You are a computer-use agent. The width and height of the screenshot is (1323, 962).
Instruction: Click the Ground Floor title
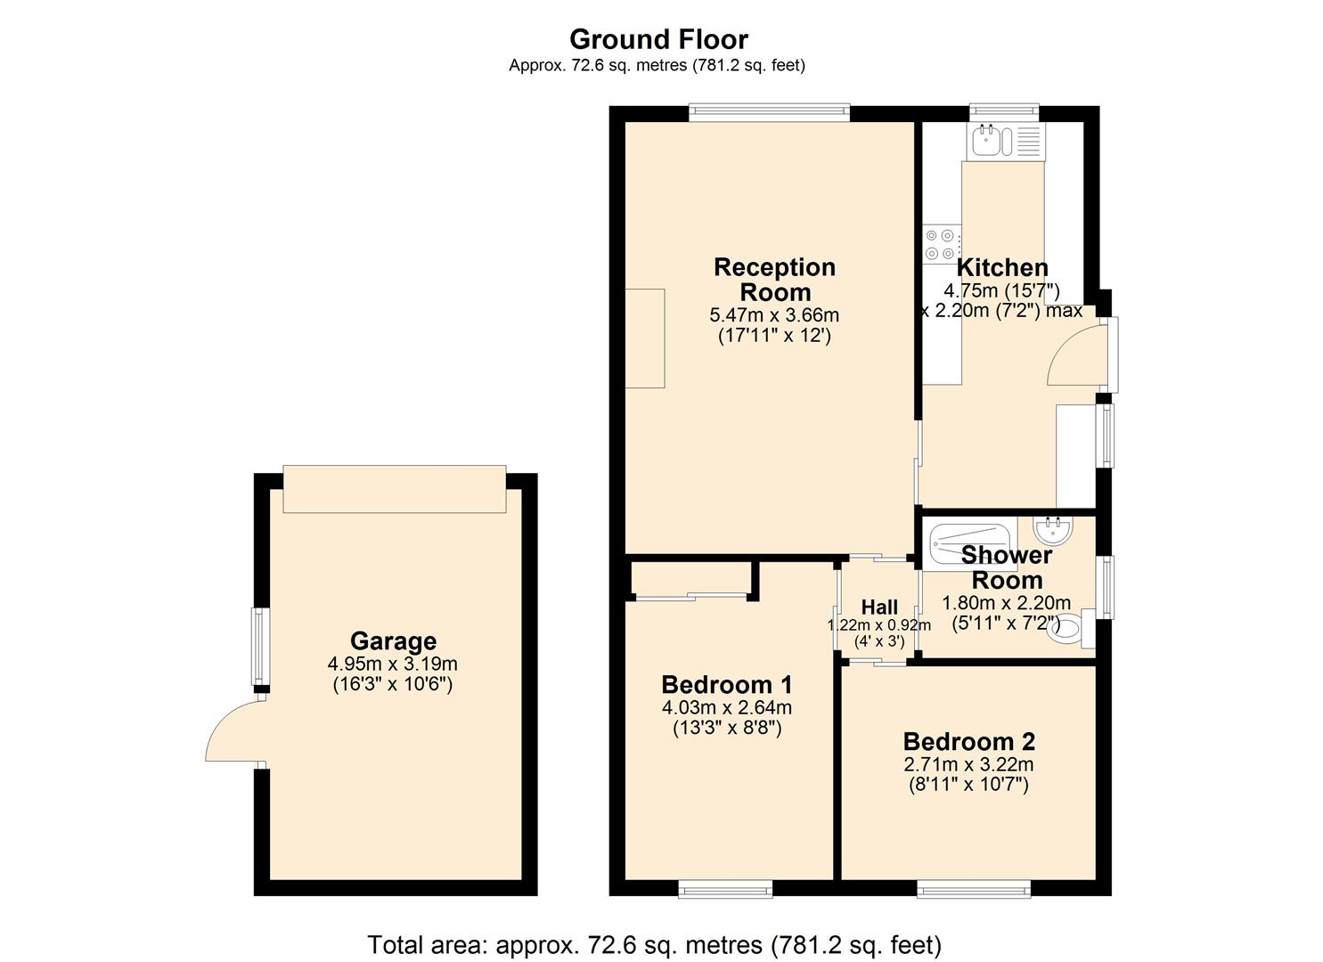click(658, 39)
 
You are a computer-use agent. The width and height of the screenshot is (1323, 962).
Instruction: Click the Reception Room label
click(774, 279)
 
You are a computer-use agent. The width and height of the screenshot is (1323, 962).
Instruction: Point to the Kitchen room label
click(1001, 267)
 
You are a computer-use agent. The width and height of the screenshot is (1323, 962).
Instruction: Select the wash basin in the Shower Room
click(1054, 532)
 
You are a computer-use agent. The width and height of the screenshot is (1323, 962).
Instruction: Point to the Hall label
click(879, 607)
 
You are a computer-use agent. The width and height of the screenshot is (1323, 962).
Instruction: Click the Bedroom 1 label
click(726, 685)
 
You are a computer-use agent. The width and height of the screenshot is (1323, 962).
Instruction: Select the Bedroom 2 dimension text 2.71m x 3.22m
click(968, 764)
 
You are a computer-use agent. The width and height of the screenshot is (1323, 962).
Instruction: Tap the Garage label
click(393, 640)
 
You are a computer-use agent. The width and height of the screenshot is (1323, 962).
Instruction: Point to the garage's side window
click(259, 647)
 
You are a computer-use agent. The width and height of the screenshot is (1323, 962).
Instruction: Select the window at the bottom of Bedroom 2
click(973, 887)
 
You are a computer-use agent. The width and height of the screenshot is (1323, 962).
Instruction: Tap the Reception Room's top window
click(769, 112)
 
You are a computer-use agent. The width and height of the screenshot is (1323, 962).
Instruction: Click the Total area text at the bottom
click(654, 944)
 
